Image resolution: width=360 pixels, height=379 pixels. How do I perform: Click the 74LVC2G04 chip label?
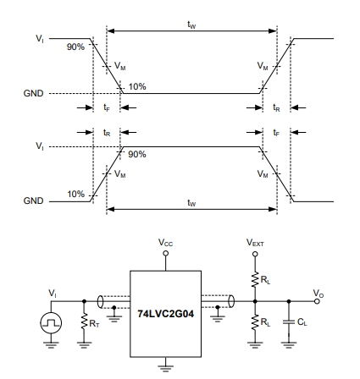(166, 314)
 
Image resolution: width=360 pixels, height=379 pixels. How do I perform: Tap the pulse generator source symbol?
(51, 323)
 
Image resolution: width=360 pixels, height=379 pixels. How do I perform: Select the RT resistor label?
(94, 324)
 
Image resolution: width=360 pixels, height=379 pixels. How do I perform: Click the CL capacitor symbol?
(289, 321)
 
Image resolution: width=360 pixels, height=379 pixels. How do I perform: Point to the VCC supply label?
(165, 243)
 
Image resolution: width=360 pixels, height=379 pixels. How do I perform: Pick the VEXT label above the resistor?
(255, 243)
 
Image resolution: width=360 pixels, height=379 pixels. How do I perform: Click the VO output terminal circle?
(317, 301)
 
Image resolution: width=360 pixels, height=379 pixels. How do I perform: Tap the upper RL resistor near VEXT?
(255, 279)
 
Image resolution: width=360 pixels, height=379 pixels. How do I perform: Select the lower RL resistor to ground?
(255, 322)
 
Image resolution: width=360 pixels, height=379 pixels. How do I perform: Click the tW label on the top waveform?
(191, 25)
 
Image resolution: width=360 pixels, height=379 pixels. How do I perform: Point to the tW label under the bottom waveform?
(191, 203)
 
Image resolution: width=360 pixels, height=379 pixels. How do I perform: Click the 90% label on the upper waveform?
(75, 47)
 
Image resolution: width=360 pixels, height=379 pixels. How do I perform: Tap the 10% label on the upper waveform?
(137, 86)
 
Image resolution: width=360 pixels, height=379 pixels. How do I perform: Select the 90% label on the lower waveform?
(137, 154)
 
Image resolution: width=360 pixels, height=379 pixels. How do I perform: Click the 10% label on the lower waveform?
(75, 194)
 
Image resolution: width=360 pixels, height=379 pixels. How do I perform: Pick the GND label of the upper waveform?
(34, 93)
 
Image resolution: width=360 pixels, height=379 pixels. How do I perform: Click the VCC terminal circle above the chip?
(166, 253)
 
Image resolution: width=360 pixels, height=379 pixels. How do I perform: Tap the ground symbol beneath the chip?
(166, 367)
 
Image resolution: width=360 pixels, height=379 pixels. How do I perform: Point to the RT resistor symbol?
(84, 321)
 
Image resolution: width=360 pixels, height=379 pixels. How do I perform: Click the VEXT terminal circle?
(255, 254)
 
